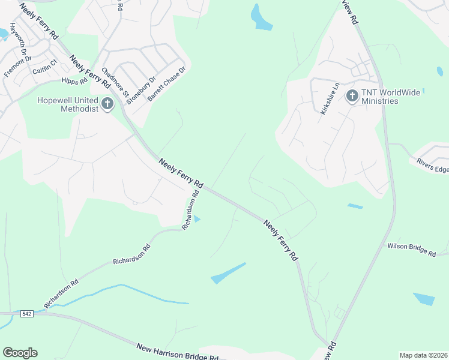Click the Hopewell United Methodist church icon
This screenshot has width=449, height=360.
(107, 104)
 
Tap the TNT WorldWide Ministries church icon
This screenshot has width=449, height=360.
(352, 96)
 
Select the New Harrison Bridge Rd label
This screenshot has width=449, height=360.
(177, 352)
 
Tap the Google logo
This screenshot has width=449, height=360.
(20, 353)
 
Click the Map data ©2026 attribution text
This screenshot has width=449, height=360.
(423, 355)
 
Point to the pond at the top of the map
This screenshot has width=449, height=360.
(261, 18)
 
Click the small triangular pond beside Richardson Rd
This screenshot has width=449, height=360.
(197, 218)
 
